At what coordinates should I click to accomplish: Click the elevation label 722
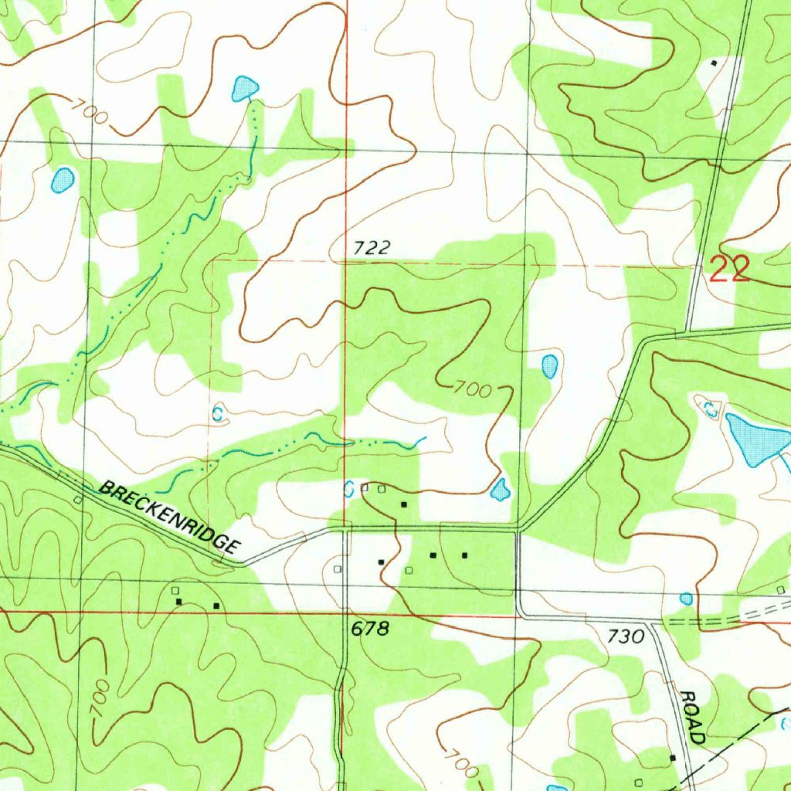coord(372,248)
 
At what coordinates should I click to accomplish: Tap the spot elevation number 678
coord(370,629)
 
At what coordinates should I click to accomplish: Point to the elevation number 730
coord(626,636)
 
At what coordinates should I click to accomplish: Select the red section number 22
coord(730,270)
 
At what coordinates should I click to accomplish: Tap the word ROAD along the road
coord(691,717)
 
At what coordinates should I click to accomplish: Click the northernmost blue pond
coord(245,88)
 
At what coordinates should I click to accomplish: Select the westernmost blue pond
coord(62,181)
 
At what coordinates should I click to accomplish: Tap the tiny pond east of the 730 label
coord(686,598)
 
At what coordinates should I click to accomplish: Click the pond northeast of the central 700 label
coord(549,366)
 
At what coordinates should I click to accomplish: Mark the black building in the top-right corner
coord(714,63)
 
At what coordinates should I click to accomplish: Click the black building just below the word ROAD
coord(672,758)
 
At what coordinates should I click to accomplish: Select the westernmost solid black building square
coord(179,601)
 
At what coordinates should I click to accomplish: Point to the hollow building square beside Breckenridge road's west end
coord(78,500)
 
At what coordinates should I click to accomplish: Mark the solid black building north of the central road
coord(403,504)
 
